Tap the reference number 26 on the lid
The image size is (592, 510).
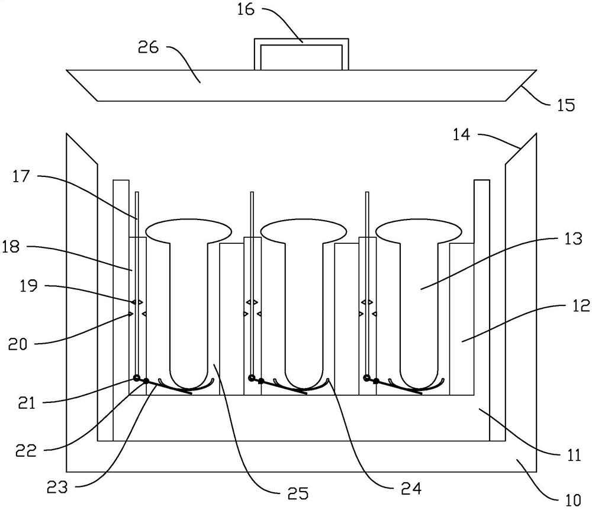pos(149,47)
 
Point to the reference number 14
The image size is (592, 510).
pos(461,135)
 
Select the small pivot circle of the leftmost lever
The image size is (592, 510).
pos(137,378)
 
